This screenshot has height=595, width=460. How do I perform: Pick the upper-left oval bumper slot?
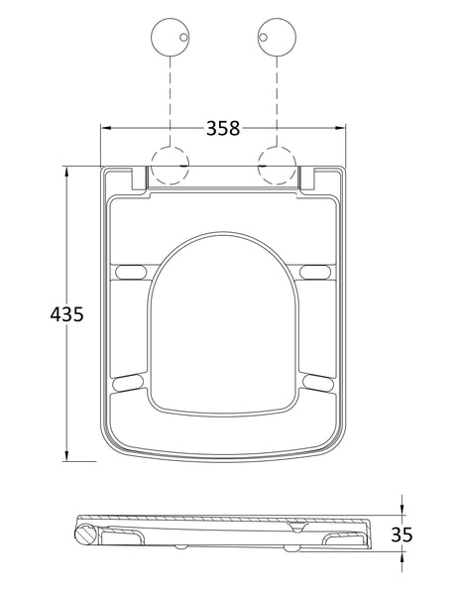pyautogui.click(x=130, y=272)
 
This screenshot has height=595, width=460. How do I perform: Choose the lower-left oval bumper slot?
pyautogui.click(x=130, y=381)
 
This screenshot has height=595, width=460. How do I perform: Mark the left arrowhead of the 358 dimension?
pyautogui.click(x=106, y=128)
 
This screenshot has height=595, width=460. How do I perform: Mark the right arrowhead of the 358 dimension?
pyautogui.click(x=345, y=128)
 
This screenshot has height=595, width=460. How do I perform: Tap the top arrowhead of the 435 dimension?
pyautogui.click(x=65, y=170)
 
